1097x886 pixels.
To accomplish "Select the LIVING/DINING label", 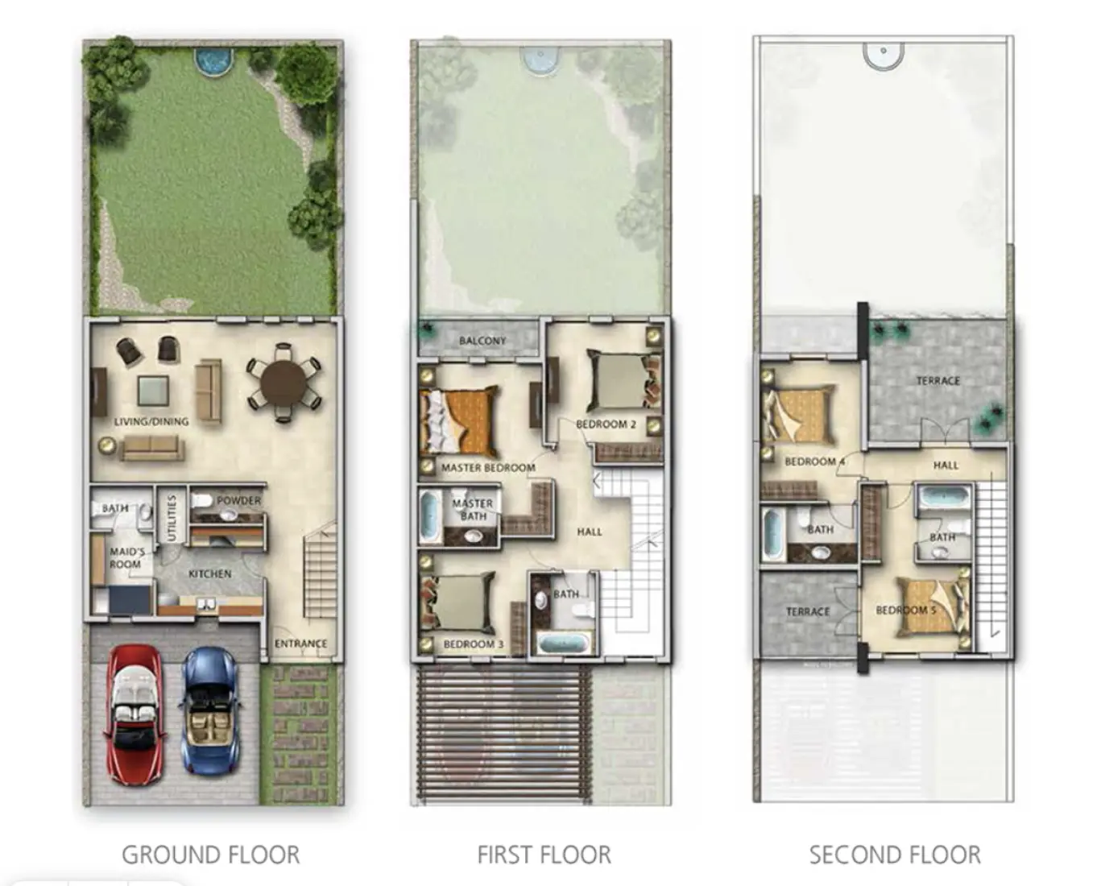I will click(151, 421).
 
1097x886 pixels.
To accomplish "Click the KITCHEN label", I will click(209, 573).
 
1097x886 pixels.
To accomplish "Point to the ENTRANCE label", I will click(300, 644).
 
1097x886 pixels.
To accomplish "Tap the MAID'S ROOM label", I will click(126, 557).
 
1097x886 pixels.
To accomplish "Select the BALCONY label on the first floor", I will click(482, 341).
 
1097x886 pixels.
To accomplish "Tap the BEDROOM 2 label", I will click(606, 424).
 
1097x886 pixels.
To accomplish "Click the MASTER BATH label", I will click(473, 509).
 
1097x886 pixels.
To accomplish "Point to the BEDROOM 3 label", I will click(473, 644).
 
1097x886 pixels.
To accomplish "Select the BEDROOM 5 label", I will click(905, 610).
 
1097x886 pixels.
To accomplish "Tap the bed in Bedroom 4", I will click(800, 415).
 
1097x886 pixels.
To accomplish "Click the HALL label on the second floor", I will click(946, 465).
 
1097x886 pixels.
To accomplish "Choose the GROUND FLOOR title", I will click(211, 855).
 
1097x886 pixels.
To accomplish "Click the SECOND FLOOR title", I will click(895, 855).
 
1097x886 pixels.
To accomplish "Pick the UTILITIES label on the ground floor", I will click(171, 517).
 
